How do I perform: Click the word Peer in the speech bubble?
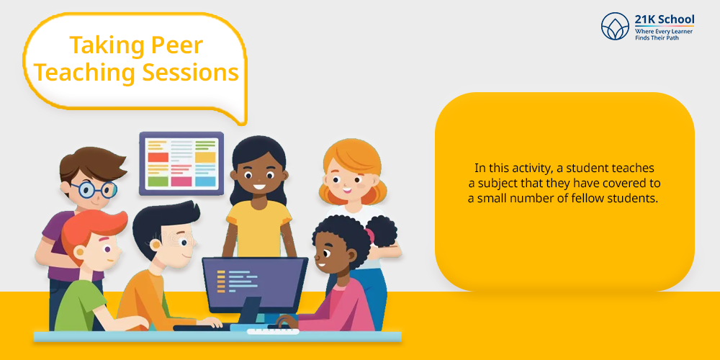(x=176, y=46)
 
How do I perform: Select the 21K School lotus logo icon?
(x=615, y=26)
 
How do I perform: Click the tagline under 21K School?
(x=664, y=34)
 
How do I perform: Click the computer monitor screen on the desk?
(x=256, y=284)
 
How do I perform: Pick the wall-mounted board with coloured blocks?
(x=181, y=164)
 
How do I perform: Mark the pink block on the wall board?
(x=181, y=181)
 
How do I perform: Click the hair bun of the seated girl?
(x=382, y=231)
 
